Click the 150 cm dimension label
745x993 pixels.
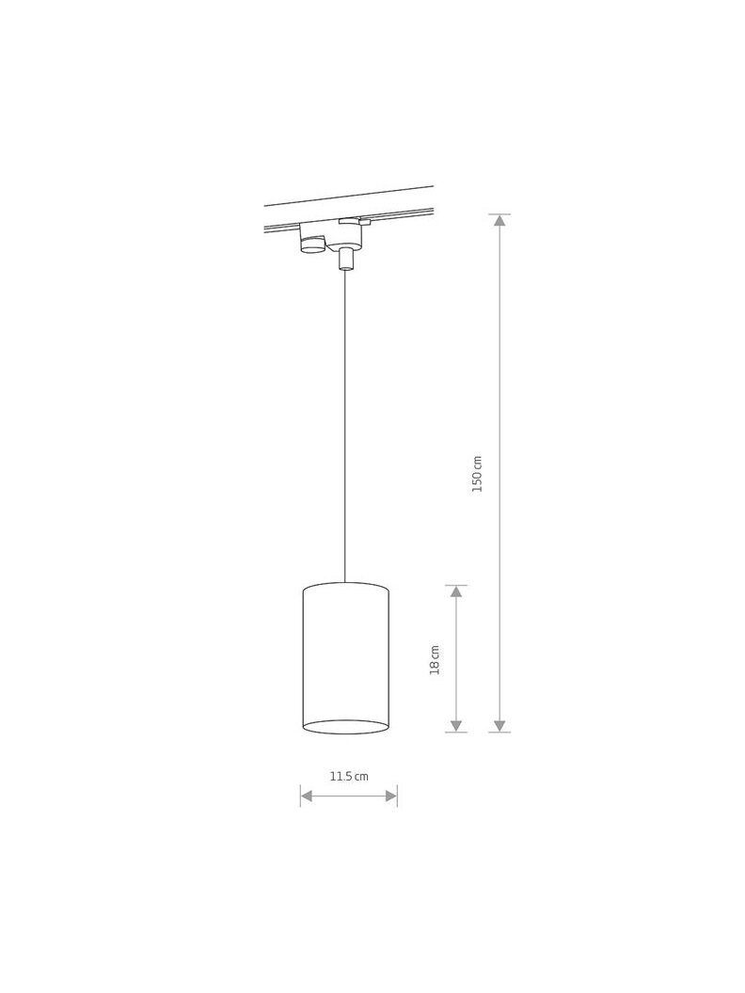[478, 474]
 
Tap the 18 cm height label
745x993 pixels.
[435, 660]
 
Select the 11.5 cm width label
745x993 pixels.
[348, 777]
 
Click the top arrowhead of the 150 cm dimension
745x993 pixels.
[499, 220]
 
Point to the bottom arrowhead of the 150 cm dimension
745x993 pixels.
[499, 726]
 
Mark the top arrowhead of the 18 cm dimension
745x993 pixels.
[456, 591]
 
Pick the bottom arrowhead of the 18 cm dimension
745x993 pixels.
[456, 726]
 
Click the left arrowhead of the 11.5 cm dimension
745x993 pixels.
[307, 796]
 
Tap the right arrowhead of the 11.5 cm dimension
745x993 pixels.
[391, 796]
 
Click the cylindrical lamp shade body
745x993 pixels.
[346, 658]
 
